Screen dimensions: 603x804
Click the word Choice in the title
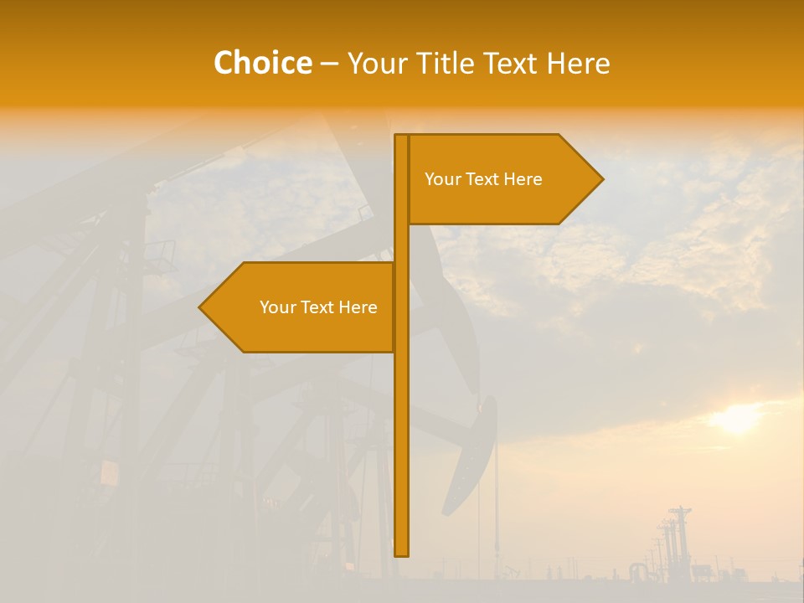tap(262, 64)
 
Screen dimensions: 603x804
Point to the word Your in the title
tap(377, 64)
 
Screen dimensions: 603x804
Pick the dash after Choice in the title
tap(329, 64)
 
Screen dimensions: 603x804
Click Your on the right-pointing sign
tap(442, 179)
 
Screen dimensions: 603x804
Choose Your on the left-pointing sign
tap(277, 307)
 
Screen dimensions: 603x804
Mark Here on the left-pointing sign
tap(358, 307)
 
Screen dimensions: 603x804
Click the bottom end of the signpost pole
tap(402, 553)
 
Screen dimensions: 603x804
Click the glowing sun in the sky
tap(738, 418)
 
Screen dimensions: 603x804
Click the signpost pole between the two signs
tap(402, 243)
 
